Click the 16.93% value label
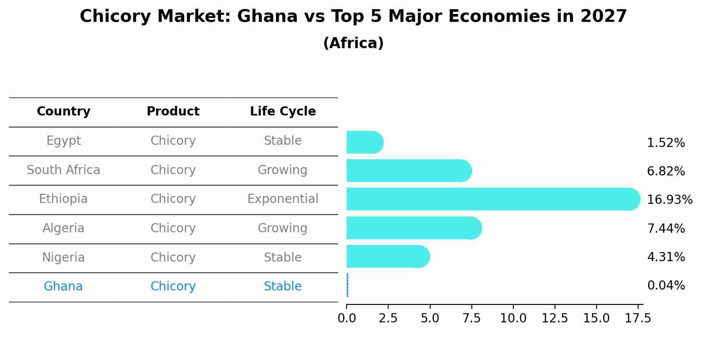669,200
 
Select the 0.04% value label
666,286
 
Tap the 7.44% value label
666,228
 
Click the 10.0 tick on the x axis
513,318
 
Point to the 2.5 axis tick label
388,318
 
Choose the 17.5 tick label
638,318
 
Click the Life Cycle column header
283,112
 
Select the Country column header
63,112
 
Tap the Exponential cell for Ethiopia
283,199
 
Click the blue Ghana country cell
63,287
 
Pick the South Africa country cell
63,170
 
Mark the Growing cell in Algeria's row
283,228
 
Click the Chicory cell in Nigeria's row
173,258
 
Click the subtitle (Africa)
353,43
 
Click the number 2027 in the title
604,17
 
